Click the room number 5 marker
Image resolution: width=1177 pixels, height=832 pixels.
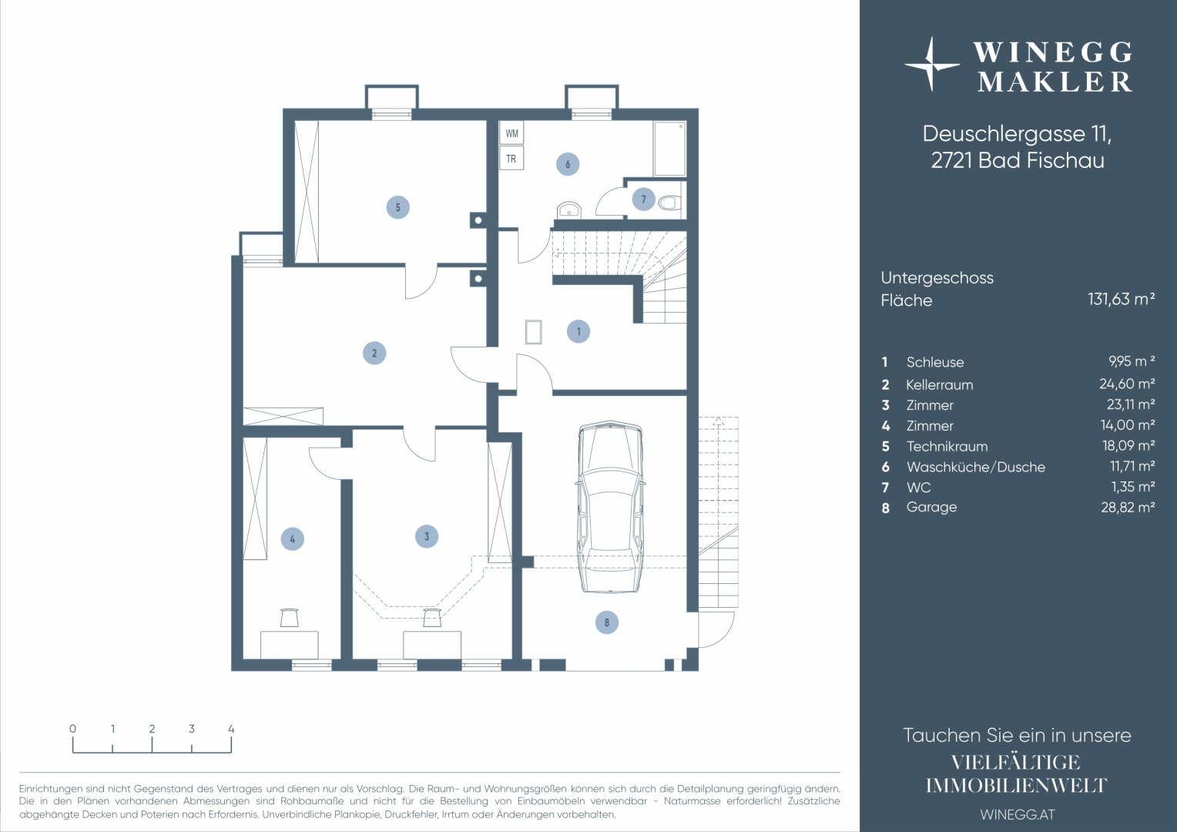pyautogui.click(x=397, y=207)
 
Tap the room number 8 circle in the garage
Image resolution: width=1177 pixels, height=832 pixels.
pyautogui.click(x=607, y=622)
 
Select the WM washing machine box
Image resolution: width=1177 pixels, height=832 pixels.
pyautogui.click(x=511, y=133)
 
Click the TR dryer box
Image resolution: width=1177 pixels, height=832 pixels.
pyautogui.click(x=511, y=158)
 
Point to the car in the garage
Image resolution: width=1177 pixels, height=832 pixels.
pyautogui.click(x=610, y=507)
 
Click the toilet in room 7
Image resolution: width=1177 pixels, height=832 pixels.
pyautogui.click(x=669, y=203)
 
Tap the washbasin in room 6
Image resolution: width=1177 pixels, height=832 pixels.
pyautogui.click(x=568, y=210)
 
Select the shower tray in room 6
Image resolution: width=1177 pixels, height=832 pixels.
pyautogui.click(x=669, y=149)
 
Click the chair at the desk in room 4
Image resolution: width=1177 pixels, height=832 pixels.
pyautogui.click(x=290, y=618)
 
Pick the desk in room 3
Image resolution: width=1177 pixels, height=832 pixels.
pyautogui.click(x=432, y=644)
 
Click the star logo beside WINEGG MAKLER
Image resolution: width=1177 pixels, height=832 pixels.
pyautogui.click(x=931, y=65)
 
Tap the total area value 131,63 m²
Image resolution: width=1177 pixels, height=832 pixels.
pyautogui.click(x=1122, y=299)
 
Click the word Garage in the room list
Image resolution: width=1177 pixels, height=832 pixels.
pyautogui.click(x=931, y=507)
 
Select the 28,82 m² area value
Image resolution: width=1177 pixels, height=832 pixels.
pyautogui.click(x=1128, y=507)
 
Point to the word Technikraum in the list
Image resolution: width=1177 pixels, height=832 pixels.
pyautogui.click(x=947, y=446)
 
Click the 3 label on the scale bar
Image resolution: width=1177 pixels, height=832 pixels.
pyautogui.click(x=192, y=729)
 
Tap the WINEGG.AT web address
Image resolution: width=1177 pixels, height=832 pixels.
pyautogui.click(x=1018, y=814)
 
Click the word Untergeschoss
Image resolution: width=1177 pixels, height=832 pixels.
pyautogui.click(x=937, y=278)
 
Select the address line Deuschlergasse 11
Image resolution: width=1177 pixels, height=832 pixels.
pyautogui.click(x=1018, y=134)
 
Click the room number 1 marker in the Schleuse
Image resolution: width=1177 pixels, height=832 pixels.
pyautogui.click(x=578, y=331)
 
